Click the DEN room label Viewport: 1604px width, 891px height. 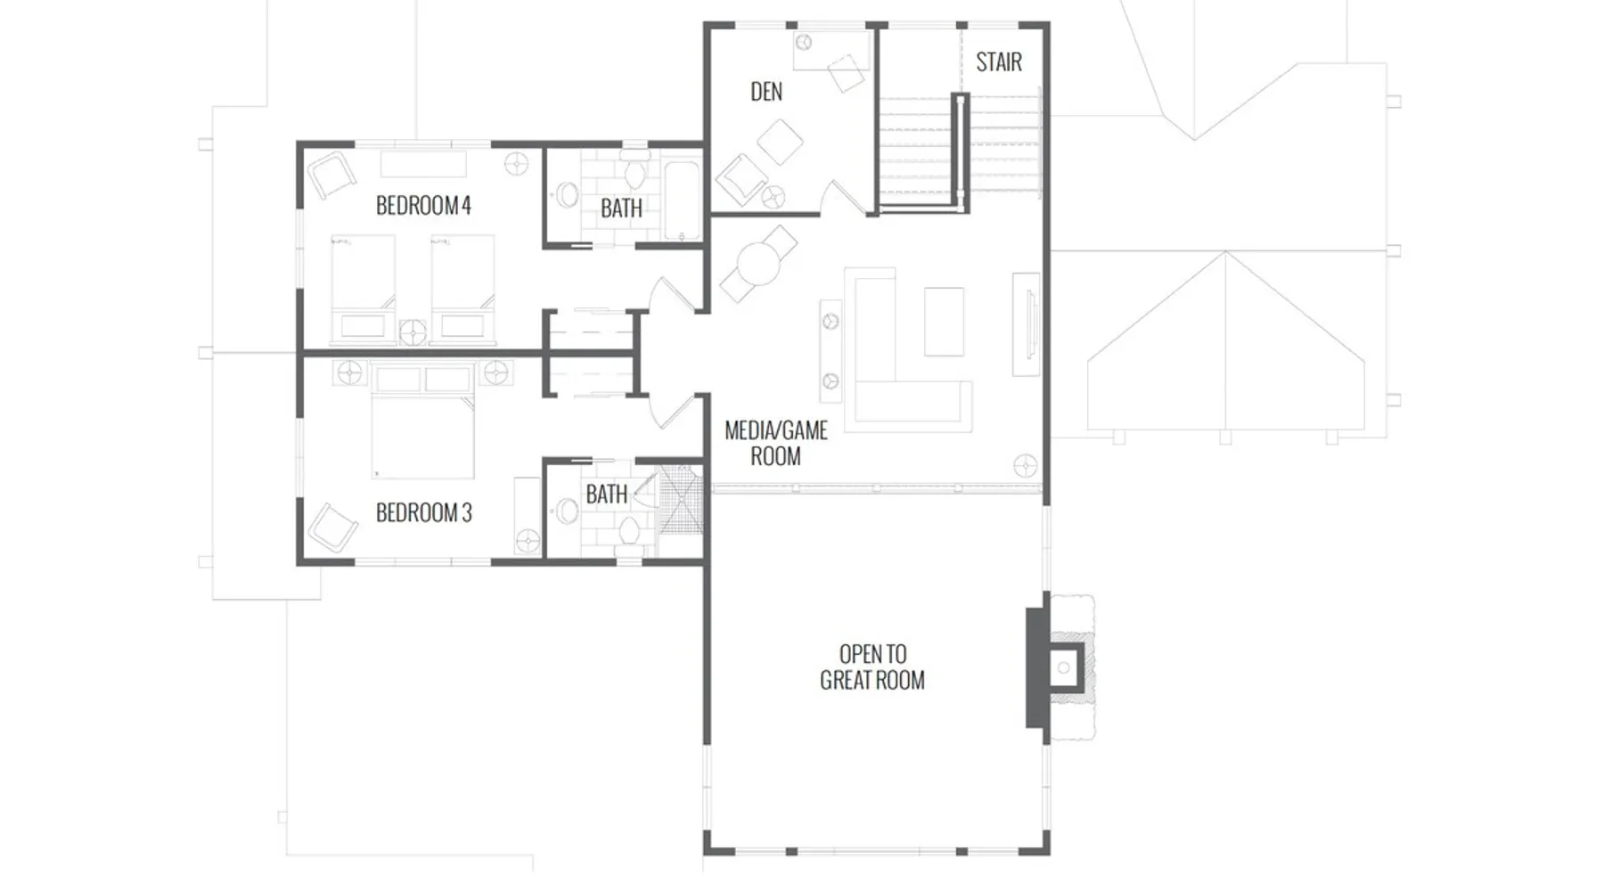pos(766,92)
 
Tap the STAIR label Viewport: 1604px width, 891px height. pos(999,62)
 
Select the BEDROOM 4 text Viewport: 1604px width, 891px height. pos(423,206)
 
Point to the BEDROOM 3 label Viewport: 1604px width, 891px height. pos(424,513)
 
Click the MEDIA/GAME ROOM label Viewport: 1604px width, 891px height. pos(776,444)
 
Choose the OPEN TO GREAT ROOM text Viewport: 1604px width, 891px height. pos(872,667)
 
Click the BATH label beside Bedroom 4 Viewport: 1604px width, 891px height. pos(621,208)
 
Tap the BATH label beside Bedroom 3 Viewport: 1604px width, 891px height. pos(607,495)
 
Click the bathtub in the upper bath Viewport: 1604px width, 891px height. pos(683,201)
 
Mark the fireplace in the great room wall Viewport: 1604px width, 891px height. pos(1060,666)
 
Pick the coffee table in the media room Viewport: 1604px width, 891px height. pos(944,322)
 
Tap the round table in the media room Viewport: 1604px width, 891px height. pos(758,264)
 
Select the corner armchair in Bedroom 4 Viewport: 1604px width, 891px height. pos(331,176)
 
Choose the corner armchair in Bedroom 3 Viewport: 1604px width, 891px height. pos(331,527)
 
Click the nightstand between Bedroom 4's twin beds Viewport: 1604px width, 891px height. pos(413,332)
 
